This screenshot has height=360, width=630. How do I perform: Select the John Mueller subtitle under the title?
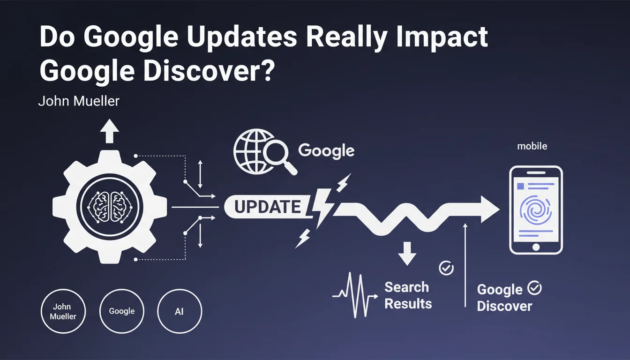79,101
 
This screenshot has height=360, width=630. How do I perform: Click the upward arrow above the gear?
109,131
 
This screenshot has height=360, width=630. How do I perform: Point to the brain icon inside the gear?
109,207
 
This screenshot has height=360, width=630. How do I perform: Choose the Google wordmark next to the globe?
326,151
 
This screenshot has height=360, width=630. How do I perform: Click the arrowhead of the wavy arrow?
489,209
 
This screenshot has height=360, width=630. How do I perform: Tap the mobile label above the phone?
532,146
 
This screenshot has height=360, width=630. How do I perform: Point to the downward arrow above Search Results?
407,254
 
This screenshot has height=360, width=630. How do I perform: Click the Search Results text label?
408,295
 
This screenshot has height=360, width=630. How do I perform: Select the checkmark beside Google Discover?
534,288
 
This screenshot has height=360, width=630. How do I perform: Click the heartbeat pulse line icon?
355,295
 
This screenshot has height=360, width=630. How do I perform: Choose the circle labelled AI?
180,311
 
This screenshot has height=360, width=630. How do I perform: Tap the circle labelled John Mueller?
63,311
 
